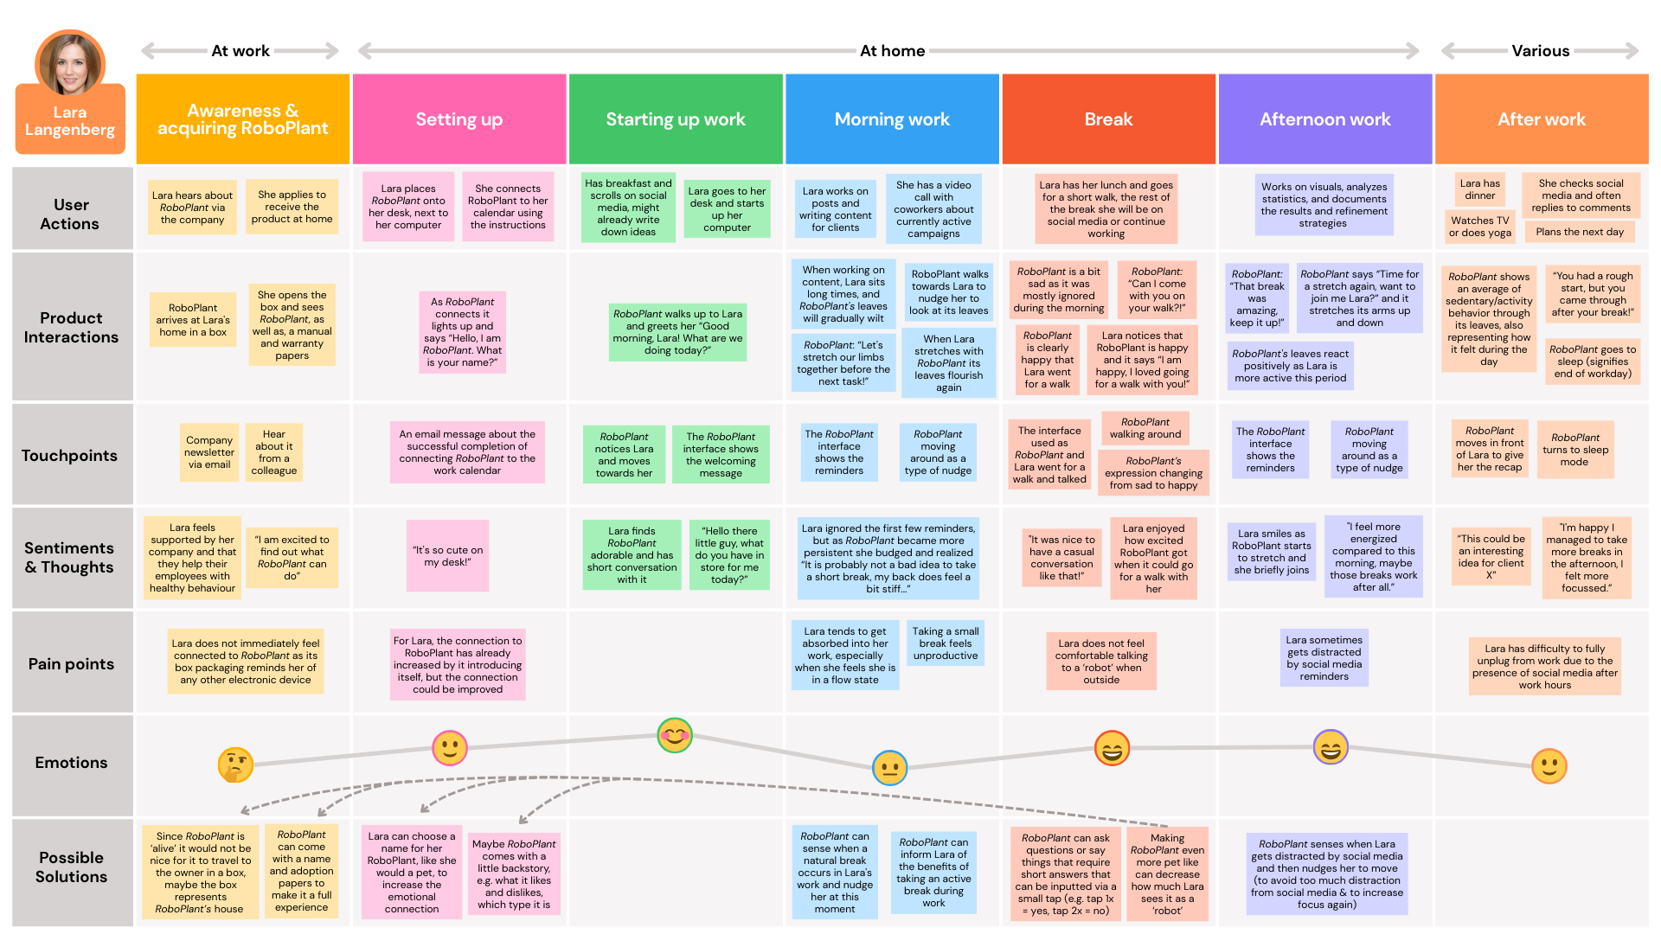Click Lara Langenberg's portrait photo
point(70,65)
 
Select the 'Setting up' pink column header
point(459,119)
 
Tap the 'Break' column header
point(1108,119)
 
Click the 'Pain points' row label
point(71,663)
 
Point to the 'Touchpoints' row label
point(69,455)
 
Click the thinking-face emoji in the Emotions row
point(235,764)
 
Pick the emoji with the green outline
point(675,735)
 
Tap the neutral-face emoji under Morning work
point(889,767)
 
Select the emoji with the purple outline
point(1331,747)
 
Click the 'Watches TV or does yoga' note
point(1480,226)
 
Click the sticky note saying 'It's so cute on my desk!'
point(447,555)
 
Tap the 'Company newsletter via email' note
point(208,451)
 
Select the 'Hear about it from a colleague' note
point(274,451)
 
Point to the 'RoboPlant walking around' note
point(1145,428)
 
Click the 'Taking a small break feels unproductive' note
point(945,643)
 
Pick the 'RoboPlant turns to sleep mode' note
point(1574,450)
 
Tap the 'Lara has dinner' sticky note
point(1479,189)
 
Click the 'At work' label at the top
point(240,51)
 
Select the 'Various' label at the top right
point(1540,51)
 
